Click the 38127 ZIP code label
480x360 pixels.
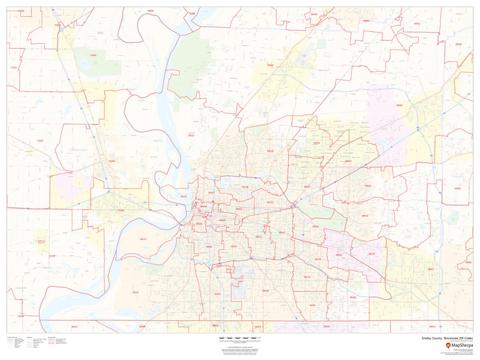(191, 136)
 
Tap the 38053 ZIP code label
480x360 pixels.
(271, 65)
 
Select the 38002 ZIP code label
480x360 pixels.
(399, 106)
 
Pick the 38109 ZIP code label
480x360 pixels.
(217, 293)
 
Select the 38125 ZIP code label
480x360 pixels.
(353, 297)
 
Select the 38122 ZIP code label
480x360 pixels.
(269, 203)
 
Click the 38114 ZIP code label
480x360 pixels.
(234, 246)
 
